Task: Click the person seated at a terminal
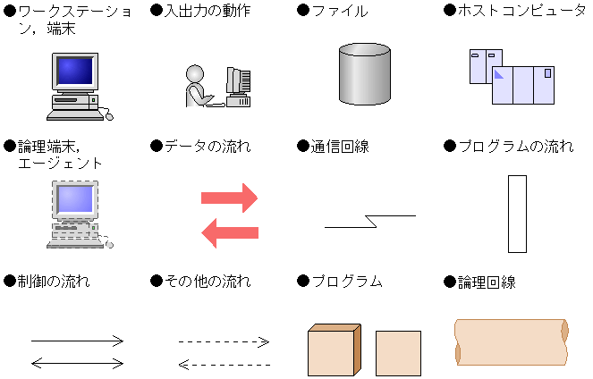[198, 86]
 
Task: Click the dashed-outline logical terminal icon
[79, 215]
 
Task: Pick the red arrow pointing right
[229, 196]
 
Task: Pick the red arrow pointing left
[229, 232]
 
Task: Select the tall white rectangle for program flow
[517, 215]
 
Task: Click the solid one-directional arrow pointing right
[78, 341]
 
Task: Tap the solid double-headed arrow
[78, 362]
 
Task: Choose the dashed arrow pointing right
[224, 341]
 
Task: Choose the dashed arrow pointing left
[224, 364]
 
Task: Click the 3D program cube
[334, 350]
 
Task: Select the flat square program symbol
[398, 353]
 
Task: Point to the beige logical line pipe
[512, 341]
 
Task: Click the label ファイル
[339, 11]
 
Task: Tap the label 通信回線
[339, 146]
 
